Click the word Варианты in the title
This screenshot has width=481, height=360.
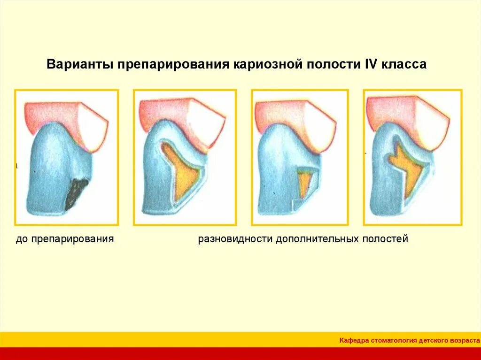point(79,64)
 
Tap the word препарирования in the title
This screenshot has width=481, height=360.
point(172,64)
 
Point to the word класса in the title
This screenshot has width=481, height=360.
point(404,64)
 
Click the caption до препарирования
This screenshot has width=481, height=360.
point(65,239)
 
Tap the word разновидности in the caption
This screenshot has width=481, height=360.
point(235,239)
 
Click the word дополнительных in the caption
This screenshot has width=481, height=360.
point(317,239)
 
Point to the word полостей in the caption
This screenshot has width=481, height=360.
point(385,239)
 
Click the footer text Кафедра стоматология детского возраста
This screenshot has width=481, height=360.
point(409,340)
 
